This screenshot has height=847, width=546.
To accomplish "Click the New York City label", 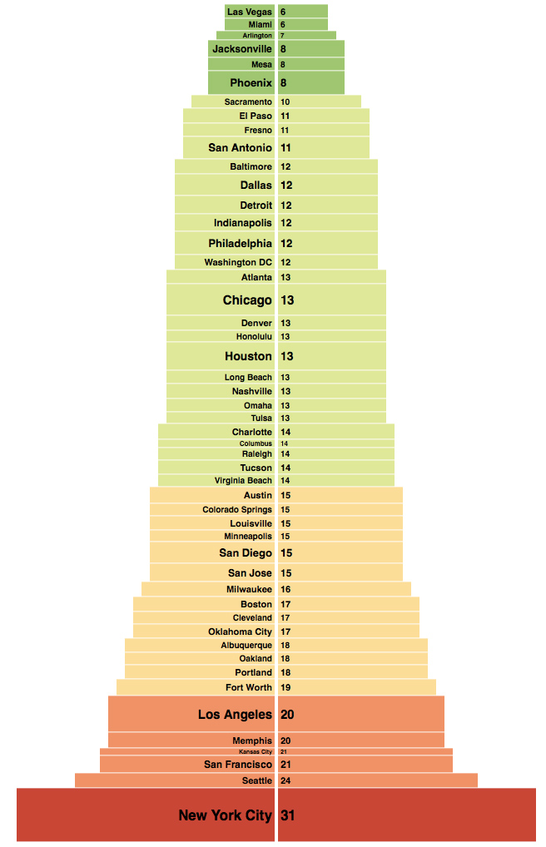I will pyautogui.click(x=225, y=815).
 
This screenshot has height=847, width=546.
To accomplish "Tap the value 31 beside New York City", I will pyautogui.click(x=288, y=815).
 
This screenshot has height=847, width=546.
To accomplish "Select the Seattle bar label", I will pyautogui.click(x=257, y=780).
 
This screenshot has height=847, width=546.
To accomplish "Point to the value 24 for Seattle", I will pyautogui.click(x=286, y=780).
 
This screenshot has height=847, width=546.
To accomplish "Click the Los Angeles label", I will pyautogui.click(x=235, y=715).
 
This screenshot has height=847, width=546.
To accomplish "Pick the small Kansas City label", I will pyautogui.click(x=256, y=751).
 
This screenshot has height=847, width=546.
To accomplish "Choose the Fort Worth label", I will pyautogui.click(x=249, y=687).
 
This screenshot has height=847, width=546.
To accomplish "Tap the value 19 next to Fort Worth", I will pyautogui.click(x=286, y=687).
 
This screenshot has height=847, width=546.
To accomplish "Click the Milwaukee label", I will pyautogui.click(x=250, y=589).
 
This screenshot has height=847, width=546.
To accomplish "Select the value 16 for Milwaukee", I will pyautogui.click(x=286, y=589).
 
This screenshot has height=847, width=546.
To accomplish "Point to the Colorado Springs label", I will pyautogui.click(x=237, y=509).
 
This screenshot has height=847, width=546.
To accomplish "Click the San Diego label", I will pyautogui.click(x=246, y=553).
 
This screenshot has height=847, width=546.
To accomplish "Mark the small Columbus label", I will pyautogui.click(x=256, y=443).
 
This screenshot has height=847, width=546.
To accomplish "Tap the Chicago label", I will pyautogui.click(x=247, y=300).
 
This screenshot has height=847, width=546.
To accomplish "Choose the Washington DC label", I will pyautogui.click(x=238, y=262).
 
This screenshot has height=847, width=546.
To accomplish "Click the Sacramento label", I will pyautogui.click(x=248, y=102).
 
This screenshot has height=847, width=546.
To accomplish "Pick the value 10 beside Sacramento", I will pyautogui.click(x=285, y=102).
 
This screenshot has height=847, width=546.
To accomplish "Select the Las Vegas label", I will pyautogui.click(x=250, y=12).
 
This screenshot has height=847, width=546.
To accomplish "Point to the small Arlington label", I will pyautogui.click(x=257, y=36).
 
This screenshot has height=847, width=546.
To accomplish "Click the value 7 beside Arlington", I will pyautogui.click(x=282, y=36).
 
